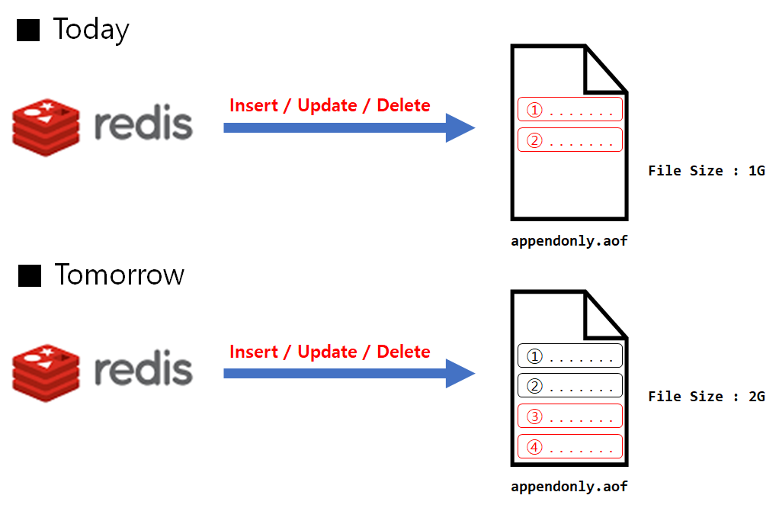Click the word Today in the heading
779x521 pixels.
pos(91,30)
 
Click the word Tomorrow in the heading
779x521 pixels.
pos(119,275)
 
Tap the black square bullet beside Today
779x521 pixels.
pos(29,31)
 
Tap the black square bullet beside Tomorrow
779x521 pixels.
pos(29,275)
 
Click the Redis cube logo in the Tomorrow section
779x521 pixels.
pos(46,372)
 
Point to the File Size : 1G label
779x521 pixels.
pos(706,170)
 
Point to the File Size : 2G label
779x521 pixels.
pos(706,397)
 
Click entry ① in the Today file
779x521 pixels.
pos(570,110)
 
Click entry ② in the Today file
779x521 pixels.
pos(570,140)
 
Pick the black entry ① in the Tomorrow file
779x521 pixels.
pos(570,356)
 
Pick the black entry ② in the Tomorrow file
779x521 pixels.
pos(570,386)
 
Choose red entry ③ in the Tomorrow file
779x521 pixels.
pos(570,416)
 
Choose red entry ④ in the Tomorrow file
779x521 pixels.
pos(570,446)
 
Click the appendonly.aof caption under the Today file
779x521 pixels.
pos(569,242)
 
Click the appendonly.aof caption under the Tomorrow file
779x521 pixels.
pos(569,486)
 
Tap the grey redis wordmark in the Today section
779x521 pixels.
pos(143,124)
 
